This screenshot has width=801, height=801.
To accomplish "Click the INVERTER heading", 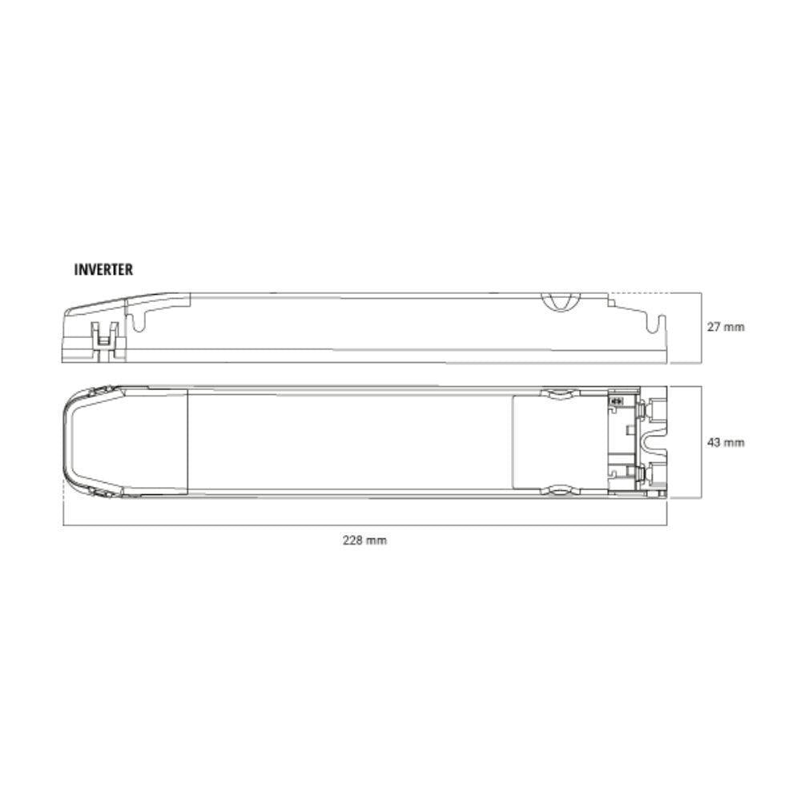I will tap(103, 270).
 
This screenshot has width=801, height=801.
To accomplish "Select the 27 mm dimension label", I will tap(725, 328).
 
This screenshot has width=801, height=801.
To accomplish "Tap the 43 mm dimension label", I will tap(725, 442).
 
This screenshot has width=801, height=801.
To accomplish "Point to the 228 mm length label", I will tap(364, 541).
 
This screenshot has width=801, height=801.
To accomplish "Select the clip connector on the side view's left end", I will tap(104, 336).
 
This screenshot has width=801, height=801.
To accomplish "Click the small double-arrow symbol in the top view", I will tap(617, 400).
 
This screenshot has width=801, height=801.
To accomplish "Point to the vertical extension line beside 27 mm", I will tap(702, 328).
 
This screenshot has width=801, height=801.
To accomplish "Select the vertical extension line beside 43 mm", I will tap(702, 442).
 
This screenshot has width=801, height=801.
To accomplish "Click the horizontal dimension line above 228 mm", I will tap(364, 525).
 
